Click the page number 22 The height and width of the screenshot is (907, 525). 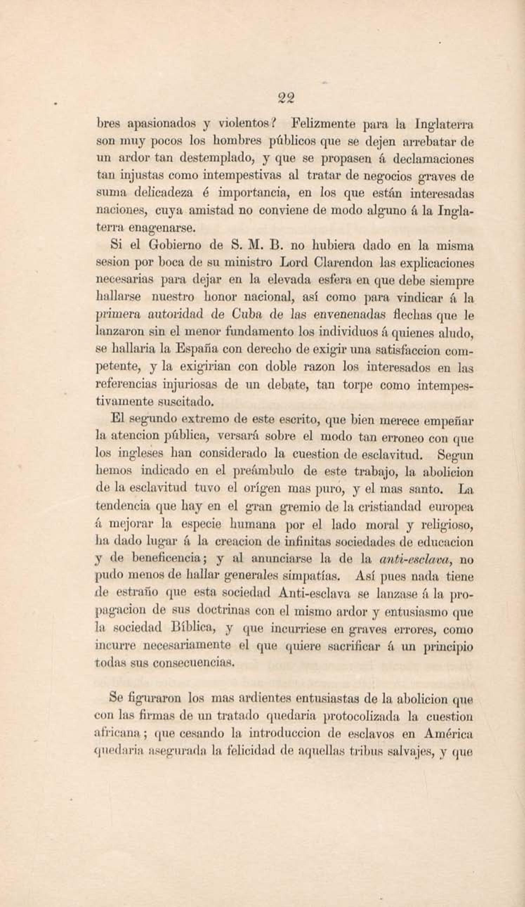[286, 98]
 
